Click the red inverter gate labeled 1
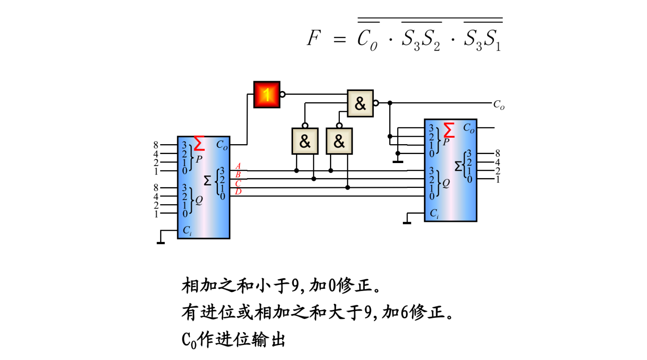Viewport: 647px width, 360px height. [x=266, y=94]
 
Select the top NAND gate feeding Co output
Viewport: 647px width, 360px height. [x=360, y=103]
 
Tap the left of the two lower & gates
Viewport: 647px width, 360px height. [x=305, y=141]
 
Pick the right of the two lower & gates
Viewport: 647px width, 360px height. [x=339, y=141]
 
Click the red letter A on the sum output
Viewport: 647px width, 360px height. [x=238, y=166]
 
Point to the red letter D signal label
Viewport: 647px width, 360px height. [x=238, y=191]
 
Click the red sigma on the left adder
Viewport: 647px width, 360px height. [x=199, y=143]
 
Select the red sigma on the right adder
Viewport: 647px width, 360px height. [x=449, y=130]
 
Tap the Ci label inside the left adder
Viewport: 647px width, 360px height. [x=187, y=231]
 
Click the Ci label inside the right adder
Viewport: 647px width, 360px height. [x=434, y=214]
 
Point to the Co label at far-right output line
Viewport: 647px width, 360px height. [x=499, y=105]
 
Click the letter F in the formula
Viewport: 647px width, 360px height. [x=314, y=38]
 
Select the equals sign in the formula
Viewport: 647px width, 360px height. [x=339, y=40]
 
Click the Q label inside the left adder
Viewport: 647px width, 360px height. [x=199, y=200]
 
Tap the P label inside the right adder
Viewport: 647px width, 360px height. [x=446, y=142]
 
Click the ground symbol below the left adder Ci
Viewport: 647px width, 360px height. [x=160, y=243]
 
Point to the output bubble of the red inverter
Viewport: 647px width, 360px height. [x=282, y=94]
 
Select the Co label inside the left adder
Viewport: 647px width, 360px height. [x=222, y=145]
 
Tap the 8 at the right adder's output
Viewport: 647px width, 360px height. [x=498, y=153]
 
